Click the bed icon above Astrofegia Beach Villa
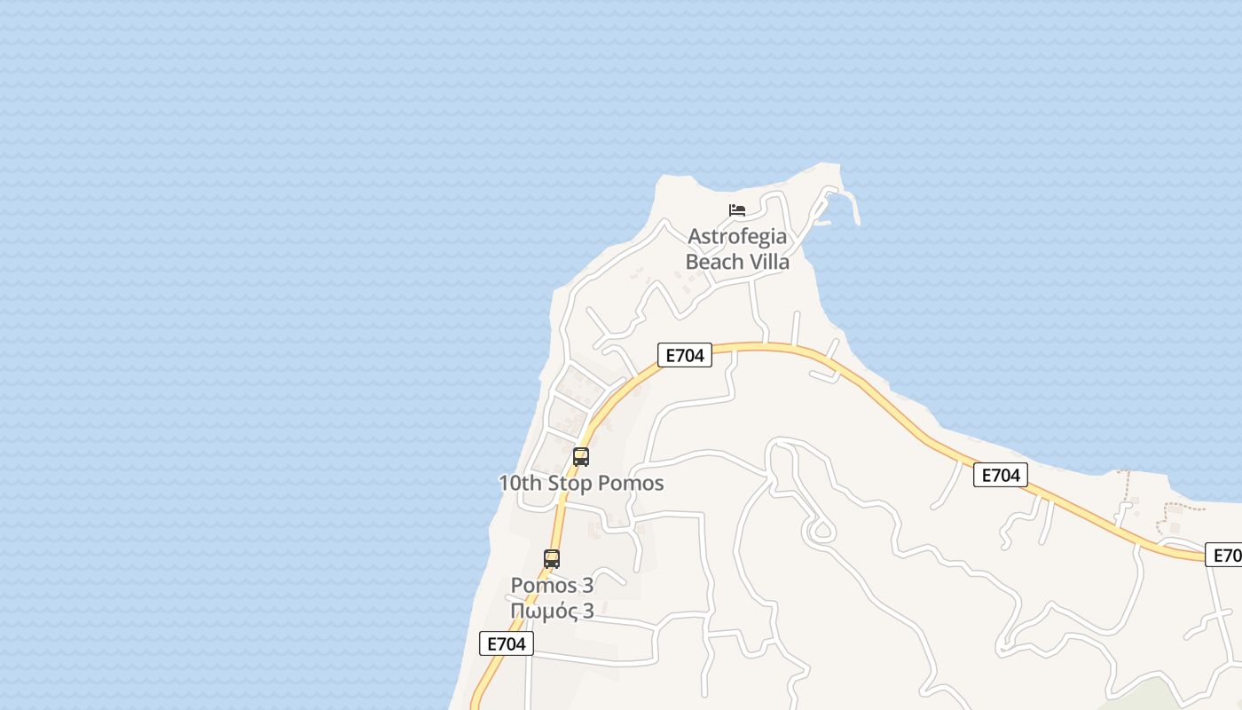737,210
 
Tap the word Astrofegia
737,237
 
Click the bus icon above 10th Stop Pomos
581,457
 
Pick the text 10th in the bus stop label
517,484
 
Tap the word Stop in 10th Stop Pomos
567,484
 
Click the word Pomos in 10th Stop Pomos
631,484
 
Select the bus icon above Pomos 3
552,559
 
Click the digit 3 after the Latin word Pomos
587,586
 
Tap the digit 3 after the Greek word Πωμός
587,611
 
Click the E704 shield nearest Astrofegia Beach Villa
684,355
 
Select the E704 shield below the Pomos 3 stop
507,643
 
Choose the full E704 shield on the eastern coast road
1000,475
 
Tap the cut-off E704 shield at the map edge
1226,556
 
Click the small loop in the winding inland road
820,532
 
